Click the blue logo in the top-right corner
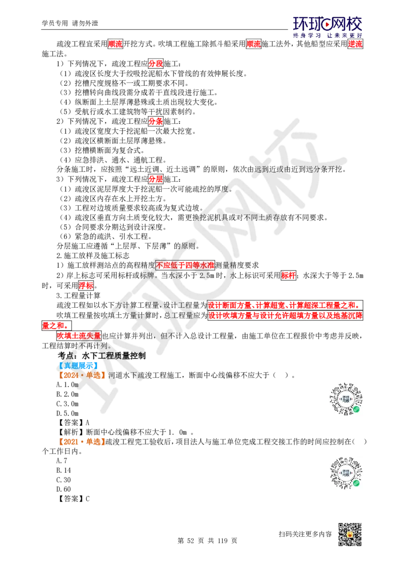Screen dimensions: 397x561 pyautogui.click(x=328, y=27)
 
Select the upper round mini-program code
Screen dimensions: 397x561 pyautogui.click(x=345, y=398)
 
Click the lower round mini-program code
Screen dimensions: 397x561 pyautogui.click(x=345, y=474)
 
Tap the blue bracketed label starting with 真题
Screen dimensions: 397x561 pyautogui.click(x=78, y=366)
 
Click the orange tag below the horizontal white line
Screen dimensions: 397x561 pyautogui.click(x=82, y=442)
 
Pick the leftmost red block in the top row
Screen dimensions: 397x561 pyautogui.click(x=115, y=44)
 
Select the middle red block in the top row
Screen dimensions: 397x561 pyautogui.click(x=254, y=44)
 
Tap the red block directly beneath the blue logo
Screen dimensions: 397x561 pyautogui.click(x=355, y=44)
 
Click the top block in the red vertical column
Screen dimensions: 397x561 pyautogui.click(x=156, y=63)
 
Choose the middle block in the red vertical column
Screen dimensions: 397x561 pyautogui.click(x=156, y=121)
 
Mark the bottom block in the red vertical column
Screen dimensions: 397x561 pyautogui.click(x=156, y=179)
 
